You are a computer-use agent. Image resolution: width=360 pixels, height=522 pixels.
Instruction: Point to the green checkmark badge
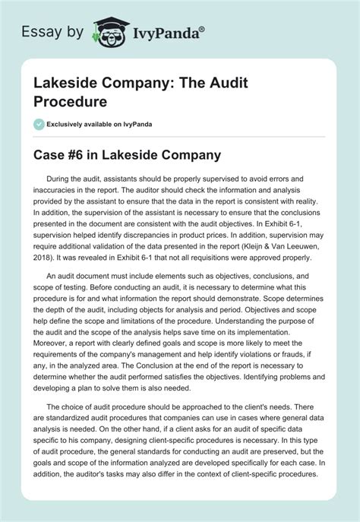click(x=39, y=124)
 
